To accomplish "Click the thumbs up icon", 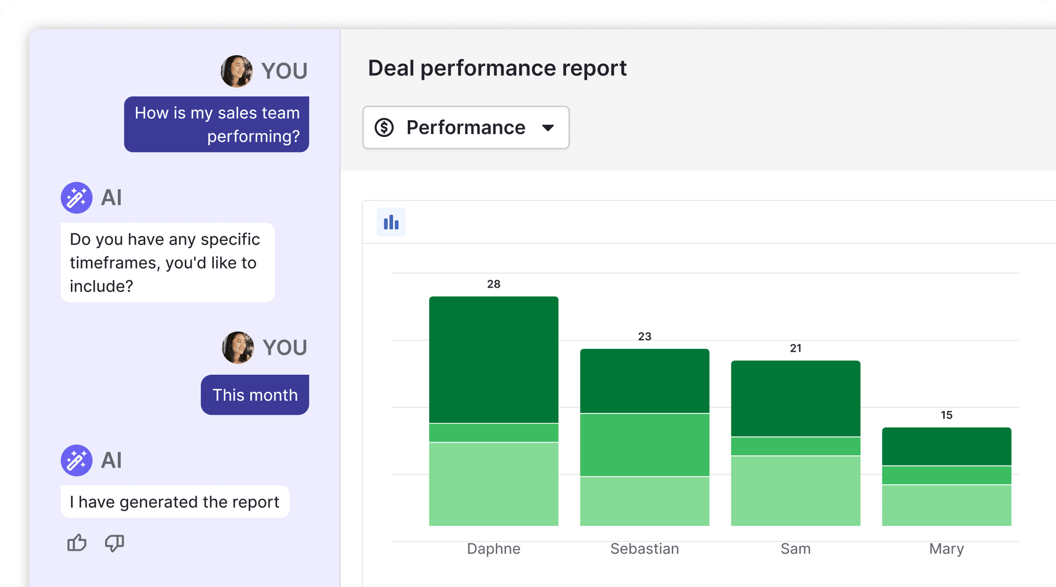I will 77,542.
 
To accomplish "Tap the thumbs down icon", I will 114,543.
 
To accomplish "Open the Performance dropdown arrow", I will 548,128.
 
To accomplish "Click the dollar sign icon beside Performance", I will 384,128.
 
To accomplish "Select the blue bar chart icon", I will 391,223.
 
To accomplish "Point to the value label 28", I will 494,284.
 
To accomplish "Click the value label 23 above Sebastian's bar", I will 644,337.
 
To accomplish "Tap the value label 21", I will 795,348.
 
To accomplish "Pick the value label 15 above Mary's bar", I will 946,415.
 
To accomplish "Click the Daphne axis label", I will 494,549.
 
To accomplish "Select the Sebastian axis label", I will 644,549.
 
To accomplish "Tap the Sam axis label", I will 795,549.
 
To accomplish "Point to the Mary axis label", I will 946,549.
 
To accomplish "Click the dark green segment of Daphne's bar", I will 494,360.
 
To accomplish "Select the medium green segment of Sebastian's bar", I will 644,445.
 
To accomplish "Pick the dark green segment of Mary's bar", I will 946,446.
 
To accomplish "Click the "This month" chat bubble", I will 255,395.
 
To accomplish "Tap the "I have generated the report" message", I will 175,502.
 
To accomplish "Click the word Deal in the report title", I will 391,68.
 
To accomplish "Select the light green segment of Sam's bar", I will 795,491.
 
